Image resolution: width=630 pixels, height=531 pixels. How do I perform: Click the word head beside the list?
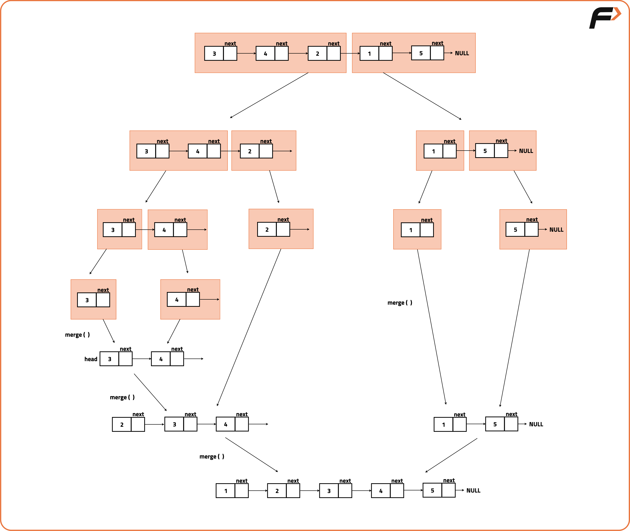[91, 359]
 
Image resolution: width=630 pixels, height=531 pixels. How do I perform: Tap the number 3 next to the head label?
[110, 359]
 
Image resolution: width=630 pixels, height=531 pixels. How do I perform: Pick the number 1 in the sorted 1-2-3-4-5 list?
[226, 491]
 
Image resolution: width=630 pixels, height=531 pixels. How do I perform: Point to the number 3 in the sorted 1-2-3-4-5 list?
[329, 491]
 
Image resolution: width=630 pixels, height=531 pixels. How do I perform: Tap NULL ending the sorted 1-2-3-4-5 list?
[473, 491]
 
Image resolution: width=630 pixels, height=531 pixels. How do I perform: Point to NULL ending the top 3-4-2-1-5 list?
[462, 53]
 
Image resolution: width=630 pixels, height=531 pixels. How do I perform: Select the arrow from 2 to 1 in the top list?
[350, 53]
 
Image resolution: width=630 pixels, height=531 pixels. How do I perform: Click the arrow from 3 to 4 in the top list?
[246, 53]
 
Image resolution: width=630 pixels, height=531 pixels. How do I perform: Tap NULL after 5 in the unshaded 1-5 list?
[536, 424]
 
